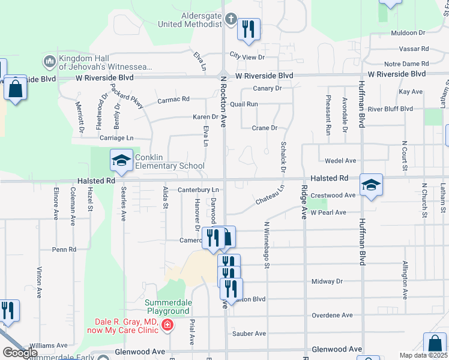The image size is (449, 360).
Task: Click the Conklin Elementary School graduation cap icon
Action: click(x=121, y=160)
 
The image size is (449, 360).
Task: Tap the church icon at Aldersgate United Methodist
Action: click(x=231, y=20)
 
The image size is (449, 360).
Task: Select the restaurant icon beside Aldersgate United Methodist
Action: click(x=249, y=29)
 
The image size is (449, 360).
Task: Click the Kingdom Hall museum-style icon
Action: click(x=49, y=61)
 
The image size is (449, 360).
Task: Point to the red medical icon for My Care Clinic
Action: click(x=167, y=326)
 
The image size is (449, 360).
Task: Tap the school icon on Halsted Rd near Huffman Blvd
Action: click(x=371, y=185)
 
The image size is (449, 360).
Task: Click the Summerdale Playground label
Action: click(x=167, y=307)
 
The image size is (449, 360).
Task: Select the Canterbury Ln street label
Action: click(x=198, y=190)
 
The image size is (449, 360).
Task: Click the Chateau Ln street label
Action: click(x=270, y=194)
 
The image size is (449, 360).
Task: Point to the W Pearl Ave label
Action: click(x=328, y=213)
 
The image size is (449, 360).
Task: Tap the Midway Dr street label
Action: click(x=327, y=281)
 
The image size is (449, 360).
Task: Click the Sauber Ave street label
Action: click(x=249, y=334)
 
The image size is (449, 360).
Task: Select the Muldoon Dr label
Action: click(x=407, y=33)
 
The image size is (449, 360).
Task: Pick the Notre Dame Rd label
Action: click(x=405, y=64)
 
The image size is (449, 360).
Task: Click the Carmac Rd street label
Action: click(x=173, y=99)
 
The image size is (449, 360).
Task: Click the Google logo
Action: click(x=20, y=353)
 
